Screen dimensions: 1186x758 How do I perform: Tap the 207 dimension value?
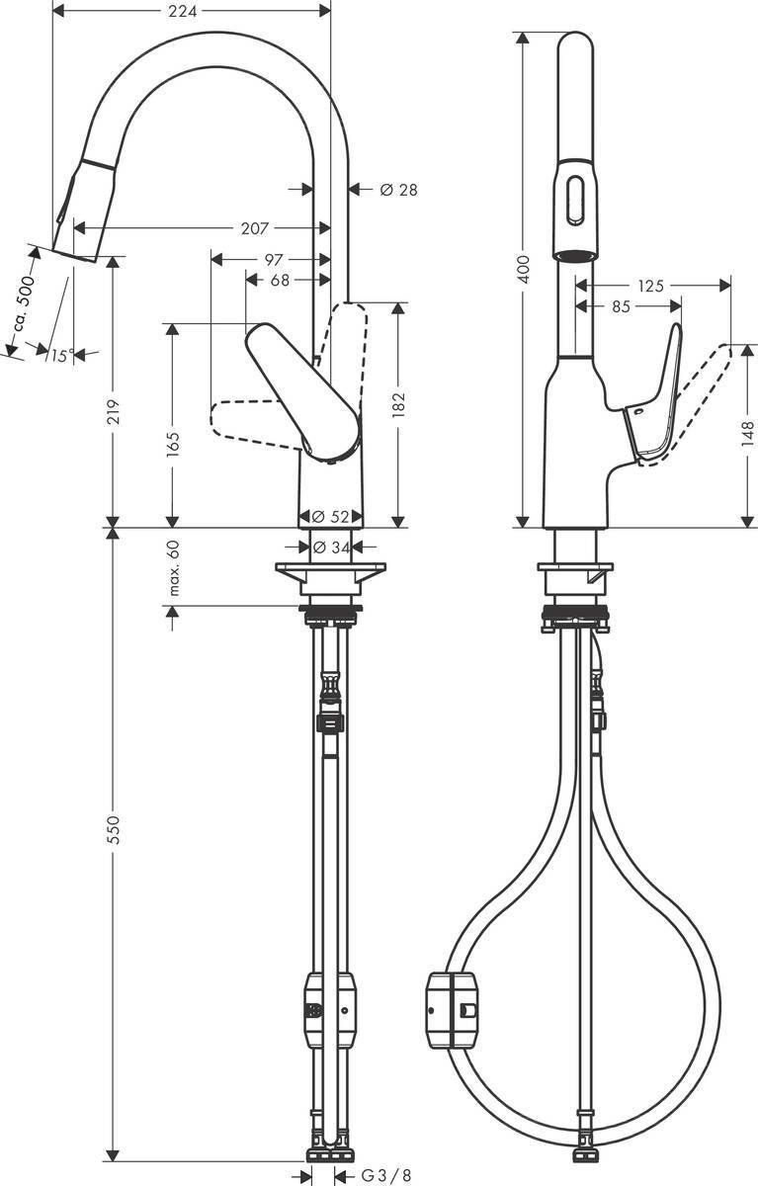(254, 229)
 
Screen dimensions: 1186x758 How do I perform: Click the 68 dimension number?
(280, 281)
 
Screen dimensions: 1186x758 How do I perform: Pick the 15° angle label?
(62, 355)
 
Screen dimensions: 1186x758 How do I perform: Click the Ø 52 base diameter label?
(329, 516)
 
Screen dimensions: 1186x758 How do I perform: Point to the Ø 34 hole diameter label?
(330, 547)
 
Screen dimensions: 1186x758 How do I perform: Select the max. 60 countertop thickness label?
(174, 568)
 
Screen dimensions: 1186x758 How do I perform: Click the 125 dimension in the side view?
(650, 286)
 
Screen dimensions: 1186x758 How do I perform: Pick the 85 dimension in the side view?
(621, 306)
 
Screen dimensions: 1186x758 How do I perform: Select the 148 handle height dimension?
(747, 431)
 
